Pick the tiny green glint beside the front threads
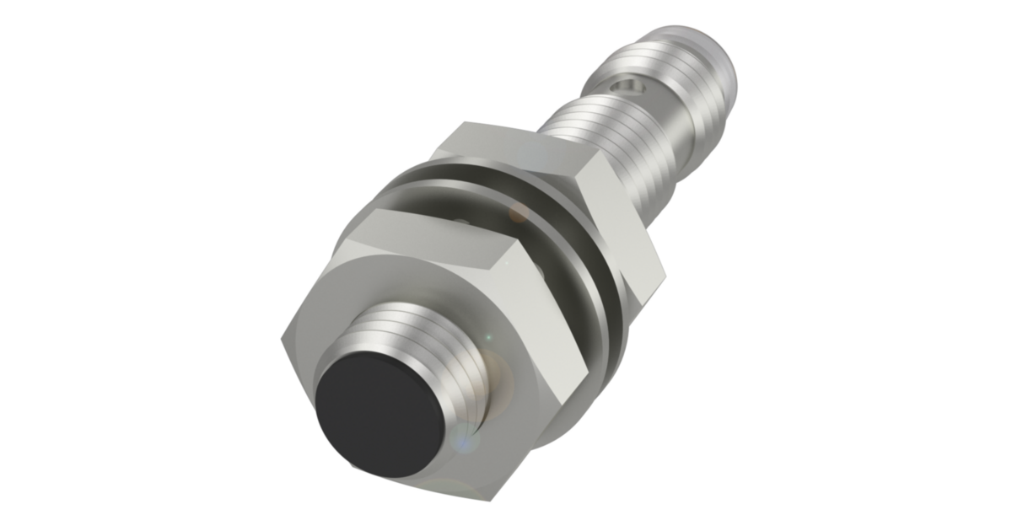coord(487,336)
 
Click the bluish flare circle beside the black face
coord(460,438)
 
